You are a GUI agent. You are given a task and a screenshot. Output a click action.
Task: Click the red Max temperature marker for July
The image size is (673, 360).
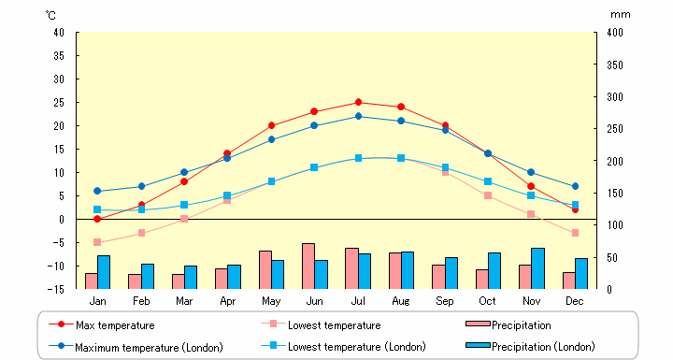pos(358,102)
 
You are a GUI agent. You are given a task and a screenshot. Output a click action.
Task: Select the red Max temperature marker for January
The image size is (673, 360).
pos(97,219)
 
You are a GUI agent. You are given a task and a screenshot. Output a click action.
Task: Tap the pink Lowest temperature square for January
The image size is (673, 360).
pos(97,242)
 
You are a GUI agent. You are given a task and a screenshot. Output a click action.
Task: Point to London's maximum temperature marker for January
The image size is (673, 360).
pos(97,191)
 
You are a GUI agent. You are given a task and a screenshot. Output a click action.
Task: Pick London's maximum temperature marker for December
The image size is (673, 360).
pos(575,186)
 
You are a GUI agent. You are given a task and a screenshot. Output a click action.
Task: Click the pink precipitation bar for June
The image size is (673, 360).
pos(308,266)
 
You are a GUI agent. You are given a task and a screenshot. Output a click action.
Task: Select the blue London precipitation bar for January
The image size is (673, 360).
pos(104,272)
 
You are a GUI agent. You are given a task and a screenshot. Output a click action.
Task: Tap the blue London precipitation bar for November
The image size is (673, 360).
pos(537,268)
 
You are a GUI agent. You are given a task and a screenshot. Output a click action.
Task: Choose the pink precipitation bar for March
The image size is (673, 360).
pos(178,281)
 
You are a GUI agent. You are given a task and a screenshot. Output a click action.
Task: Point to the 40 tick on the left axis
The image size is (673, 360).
pos(58,33)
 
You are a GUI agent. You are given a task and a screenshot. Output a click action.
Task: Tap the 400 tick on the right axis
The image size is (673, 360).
pos(614,33)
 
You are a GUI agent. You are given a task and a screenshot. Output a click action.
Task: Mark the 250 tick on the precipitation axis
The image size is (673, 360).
pos(614,129)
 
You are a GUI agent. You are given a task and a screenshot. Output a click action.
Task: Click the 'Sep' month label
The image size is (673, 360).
pos(445,301)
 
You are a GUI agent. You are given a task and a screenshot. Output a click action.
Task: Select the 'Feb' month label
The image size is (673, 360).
pos(141,301)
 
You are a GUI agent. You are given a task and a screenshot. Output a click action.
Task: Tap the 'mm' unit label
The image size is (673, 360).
pos(621,14)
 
